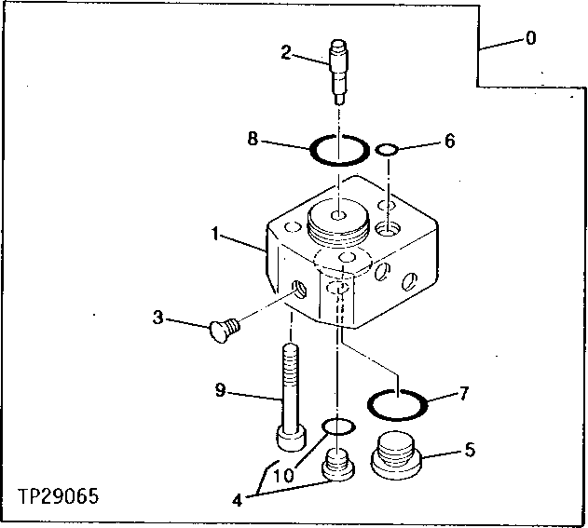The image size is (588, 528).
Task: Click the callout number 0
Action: point(530,39)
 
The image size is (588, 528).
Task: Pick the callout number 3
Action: point(158,318)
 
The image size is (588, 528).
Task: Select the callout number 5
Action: point(469,451)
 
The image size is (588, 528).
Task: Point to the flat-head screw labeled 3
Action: point(224,327)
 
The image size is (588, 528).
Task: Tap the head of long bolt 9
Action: point(289,436)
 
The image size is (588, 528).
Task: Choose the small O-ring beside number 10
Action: point(337,426)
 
